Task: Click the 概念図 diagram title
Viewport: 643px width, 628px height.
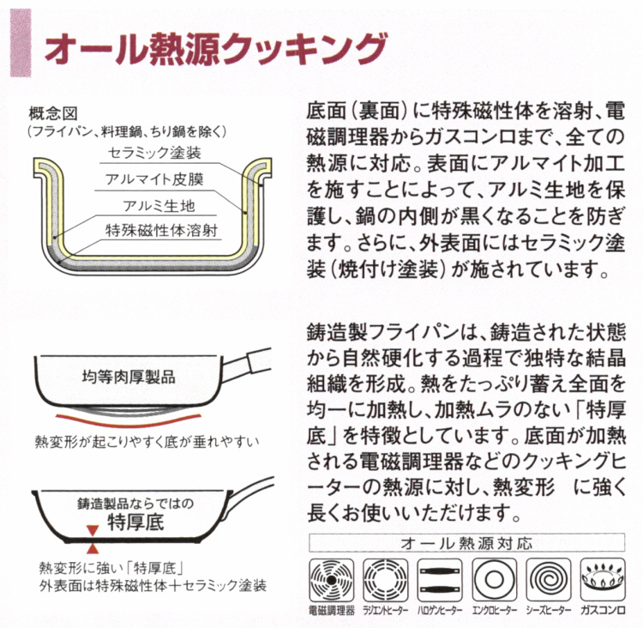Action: [53, 114]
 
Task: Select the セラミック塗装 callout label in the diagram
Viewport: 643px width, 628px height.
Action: [154, 153]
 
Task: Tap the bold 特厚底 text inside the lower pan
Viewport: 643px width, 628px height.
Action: [135, 521]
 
